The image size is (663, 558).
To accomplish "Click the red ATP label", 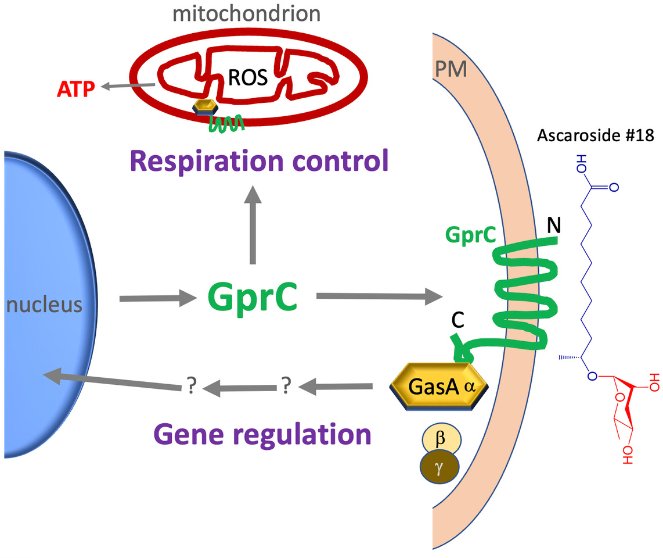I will (75, 89).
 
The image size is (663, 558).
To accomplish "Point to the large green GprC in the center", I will (253, 298).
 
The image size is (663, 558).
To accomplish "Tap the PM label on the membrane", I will (452, 70).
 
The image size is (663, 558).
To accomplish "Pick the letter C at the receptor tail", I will (458, 321).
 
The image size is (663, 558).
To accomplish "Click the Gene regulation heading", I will (262, 434).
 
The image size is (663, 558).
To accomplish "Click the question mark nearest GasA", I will (285, 385).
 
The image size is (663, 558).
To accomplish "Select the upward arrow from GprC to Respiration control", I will (252, 227).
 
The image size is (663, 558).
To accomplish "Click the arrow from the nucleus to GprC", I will (157, 298).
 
